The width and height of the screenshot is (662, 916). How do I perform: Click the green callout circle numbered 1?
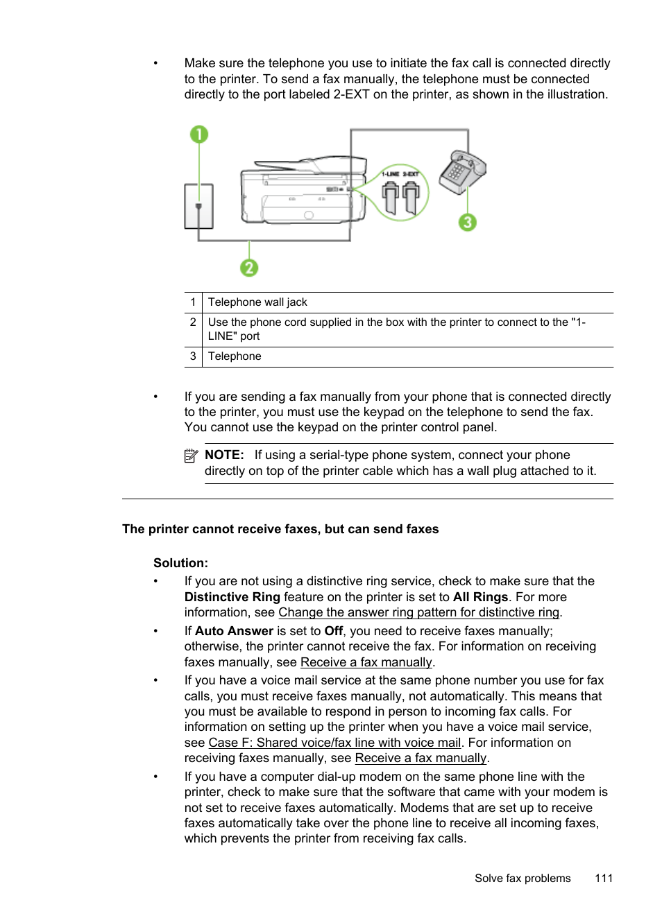pyautogui.click(x=199, y=134)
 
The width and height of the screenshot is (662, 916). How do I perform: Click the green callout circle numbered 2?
pyautogui.click(x=249, y=268)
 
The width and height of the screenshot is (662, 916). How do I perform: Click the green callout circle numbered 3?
pyautogui.click(x=468, y=223)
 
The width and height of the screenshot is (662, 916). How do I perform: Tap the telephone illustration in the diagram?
pyautogui.click(x=462, y=172)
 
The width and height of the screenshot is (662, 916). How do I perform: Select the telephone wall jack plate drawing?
pyautogui.click(x=198, y=206)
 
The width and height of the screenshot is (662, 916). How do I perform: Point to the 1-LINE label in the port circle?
pyautogui.click(x=390, y=174)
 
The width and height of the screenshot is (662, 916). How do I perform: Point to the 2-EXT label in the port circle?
pyautogui.click(x=411, y=174)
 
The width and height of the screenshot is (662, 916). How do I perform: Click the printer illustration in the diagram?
pyautogui.click(x=302, y=191)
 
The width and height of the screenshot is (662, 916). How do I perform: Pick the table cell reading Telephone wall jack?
pyautogui.click(x=257, y=302)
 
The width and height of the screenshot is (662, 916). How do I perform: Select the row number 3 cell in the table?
pyautogui.click(x=193, y=356)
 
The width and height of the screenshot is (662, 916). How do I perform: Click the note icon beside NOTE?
pyautogui.click(x=191, y=456)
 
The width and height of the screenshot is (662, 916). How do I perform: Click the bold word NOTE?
pyautogui.click(x=224, y=456)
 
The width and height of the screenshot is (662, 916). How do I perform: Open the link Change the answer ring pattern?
pyautogui.click(x=418, y=613)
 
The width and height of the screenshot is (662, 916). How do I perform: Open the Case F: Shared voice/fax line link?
pyautogui.click(x=334, y=743)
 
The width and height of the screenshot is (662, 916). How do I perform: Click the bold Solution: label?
pyautogui.click(x=180, y=563)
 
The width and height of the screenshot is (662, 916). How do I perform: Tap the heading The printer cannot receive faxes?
pyautogui.click(x=280, y=529)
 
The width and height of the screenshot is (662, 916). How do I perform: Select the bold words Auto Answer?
pyautogui.click(x=234, y=631)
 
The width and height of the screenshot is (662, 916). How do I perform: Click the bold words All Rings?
pyautogui.click(x=480, y=597)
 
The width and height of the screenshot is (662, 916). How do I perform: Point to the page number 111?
pyautogui.click(x=603, y=878)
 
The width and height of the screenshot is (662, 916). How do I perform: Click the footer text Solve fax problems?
pyautogui.click(x=522, y=878)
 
